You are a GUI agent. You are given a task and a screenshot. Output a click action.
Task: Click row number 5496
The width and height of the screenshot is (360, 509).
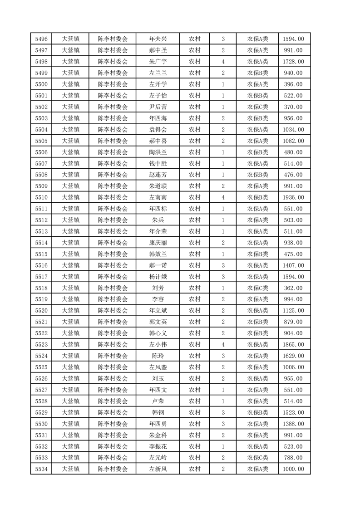(x=41, y=39)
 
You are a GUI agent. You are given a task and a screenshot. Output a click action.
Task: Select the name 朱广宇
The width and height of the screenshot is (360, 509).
(x=158, y=62)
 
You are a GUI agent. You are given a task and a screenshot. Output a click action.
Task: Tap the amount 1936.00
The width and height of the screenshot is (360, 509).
(x=294, y=197)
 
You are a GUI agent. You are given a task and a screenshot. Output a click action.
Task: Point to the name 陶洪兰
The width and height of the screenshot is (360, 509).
(x=158, y=152)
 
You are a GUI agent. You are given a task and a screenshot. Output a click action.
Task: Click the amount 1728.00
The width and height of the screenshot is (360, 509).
(x=294, y=62)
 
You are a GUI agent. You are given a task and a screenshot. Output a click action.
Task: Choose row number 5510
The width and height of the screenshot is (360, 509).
(x=41, y=197)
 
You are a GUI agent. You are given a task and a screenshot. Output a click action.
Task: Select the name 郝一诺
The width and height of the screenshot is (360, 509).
(x=158, y=265)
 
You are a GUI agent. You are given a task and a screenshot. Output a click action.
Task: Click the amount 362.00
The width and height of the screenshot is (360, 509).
(x=294, y=288)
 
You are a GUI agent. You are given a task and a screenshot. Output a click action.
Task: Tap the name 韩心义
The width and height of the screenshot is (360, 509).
(x=158, y=333)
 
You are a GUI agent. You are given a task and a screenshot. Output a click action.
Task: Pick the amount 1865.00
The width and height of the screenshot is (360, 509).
(x=294, y=344)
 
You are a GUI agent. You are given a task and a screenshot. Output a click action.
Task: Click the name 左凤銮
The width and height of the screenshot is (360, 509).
(x=158, y=367)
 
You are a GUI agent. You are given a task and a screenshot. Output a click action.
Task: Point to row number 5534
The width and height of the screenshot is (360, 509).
(x=41, y=469)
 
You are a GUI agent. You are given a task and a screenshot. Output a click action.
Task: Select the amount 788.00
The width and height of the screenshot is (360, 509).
(x=294, y=457)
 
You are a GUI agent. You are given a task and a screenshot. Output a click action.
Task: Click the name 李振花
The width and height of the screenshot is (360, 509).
(x=158, y=446)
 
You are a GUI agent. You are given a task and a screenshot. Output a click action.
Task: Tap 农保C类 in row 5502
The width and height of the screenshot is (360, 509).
(x=257, y=107)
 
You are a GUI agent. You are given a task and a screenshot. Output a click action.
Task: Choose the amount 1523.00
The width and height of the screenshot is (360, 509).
(x=294, y=412)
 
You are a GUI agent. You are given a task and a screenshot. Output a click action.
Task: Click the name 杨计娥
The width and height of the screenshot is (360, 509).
(x=158, y=277)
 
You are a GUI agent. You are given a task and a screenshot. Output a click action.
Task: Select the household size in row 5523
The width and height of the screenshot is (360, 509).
(x=223, y=344)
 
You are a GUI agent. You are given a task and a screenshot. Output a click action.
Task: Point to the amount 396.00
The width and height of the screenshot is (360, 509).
(x=294, y=84)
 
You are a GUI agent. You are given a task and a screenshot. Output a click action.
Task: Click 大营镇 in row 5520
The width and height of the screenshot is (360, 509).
(x=70, y=311)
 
